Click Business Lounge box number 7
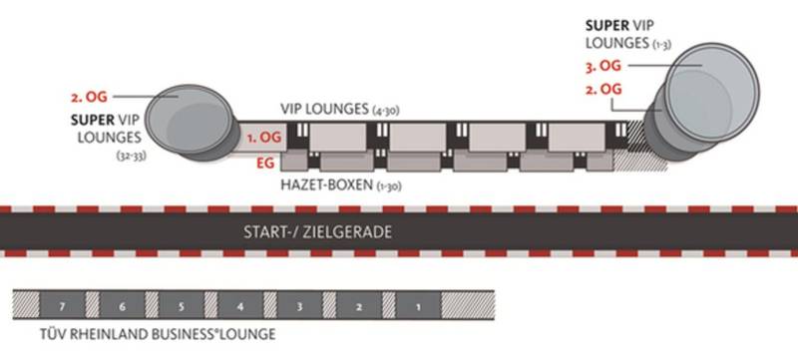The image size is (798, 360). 62,305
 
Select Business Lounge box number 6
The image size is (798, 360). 122,305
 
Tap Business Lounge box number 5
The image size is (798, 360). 182,305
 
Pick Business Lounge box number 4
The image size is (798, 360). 240,305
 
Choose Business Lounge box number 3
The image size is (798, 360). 300,305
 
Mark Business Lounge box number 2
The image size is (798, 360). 359,305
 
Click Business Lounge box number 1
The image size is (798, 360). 418,305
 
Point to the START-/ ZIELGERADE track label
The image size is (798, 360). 317,232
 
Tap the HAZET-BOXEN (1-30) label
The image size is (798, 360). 341,184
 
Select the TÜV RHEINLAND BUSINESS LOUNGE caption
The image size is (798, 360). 158,334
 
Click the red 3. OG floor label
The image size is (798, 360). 603,66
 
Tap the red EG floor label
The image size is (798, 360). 265,163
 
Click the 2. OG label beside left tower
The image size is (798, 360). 89,97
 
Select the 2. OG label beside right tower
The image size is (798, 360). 603,89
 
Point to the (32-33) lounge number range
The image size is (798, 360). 132,157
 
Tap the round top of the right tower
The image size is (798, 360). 711,93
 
